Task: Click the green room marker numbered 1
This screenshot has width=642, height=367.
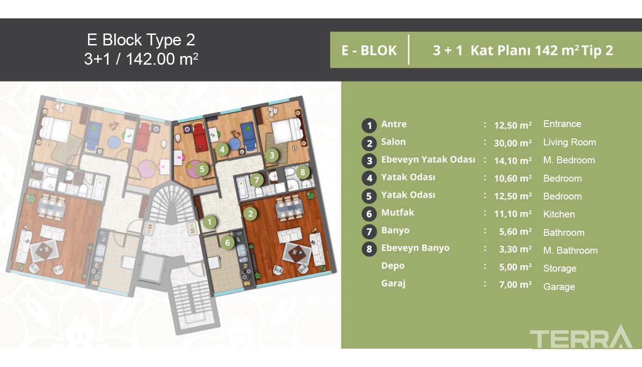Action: (x=210, y=222)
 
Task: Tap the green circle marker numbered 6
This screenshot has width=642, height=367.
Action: (x=227, y=243)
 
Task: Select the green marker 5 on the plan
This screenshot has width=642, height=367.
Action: (x=202, y=169)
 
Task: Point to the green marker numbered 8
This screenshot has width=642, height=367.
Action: (x=303, y=172)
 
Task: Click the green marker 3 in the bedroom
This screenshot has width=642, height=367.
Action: (x=272, y=156)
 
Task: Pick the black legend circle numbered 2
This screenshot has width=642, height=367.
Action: (x=369, y=143)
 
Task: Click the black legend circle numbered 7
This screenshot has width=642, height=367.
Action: (x=369, y=231)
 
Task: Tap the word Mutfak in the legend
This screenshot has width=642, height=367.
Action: (x=398, y=212)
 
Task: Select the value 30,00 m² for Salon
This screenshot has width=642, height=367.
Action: (x=513, y=143)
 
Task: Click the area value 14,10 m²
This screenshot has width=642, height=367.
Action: (x=513, y=161)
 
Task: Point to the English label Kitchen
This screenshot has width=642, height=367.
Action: (x=559, y=214)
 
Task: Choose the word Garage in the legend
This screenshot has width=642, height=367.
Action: (x=559, y=287)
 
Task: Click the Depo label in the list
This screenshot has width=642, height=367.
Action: (x=393, y=266)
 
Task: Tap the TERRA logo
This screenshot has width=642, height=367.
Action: (x=581, y=336)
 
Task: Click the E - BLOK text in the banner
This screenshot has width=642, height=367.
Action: (x=369, y=50)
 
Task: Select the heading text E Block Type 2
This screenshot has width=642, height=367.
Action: (x=141, y=39)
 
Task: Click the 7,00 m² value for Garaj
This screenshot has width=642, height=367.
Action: (x=515, y=284)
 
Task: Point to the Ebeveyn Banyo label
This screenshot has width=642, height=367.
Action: (x=415, y=248)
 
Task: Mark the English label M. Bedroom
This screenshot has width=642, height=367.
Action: (x=569, y=160)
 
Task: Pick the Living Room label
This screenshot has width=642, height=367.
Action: (x=570, y=142)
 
